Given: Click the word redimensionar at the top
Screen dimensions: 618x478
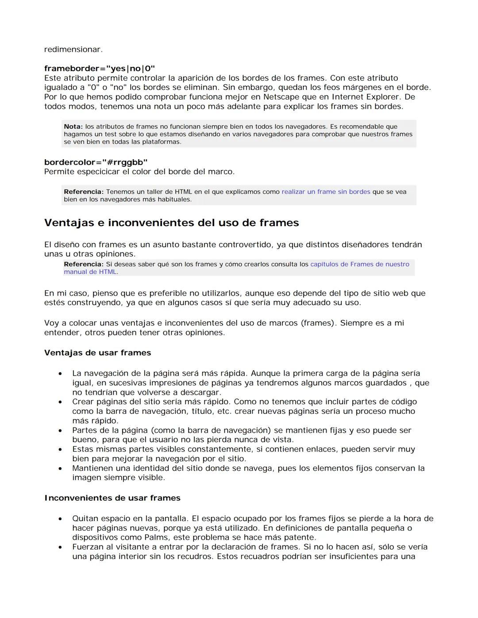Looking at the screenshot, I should (x=73, y=50).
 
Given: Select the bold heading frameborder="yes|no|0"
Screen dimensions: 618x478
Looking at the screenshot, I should (x=100, y=69).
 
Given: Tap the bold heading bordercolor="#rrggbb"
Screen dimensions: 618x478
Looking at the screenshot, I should (x=96, y=162).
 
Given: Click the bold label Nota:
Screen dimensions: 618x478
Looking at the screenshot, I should (x=73, y=127).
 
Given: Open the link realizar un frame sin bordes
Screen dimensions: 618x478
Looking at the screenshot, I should (x=326, y=192).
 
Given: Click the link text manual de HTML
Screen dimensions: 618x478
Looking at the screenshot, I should (x=90, y=272).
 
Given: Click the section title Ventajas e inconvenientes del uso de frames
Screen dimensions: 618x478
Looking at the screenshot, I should (x=171, y=223).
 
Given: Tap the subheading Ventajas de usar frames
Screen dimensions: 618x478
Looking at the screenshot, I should (x=97, y=353).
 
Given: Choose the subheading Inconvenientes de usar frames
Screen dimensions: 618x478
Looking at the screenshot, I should (x=112, y=498).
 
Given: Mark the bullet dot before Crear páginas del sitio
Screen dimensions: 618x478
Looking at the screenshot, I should (x=60, y=402).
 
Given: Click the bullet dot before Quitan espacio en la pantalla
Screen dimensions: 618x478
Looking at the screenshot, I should (x=60, y=519).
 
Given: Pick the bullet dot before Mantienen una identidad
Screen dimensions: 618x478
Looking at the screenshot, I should (x=60, y=468).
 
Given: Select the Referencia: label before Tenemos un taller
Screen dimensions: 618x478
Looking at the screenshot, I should (x=84, y=192).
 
